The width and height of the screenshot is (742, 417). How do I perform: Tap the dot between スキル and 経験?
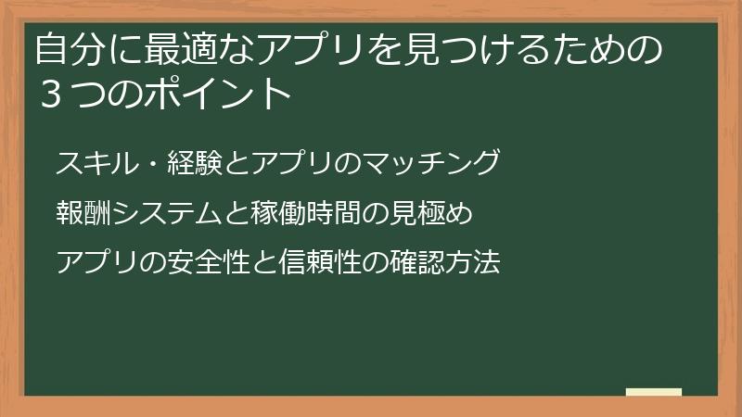coord(145,164)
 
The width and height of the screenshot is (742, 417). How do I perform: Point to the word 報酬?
coord(78,214)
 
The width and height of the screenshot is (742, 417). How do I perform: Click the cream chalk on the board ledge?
coord(654,392)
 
